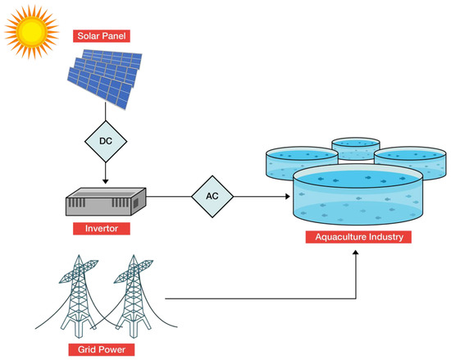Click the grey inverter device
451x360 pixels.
point(105,201)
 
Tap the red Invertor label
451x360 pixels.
point(101,229)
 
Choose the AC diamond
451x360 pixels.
point(212,197)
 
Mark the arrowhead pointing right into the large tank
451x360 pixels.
point(288,197)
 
